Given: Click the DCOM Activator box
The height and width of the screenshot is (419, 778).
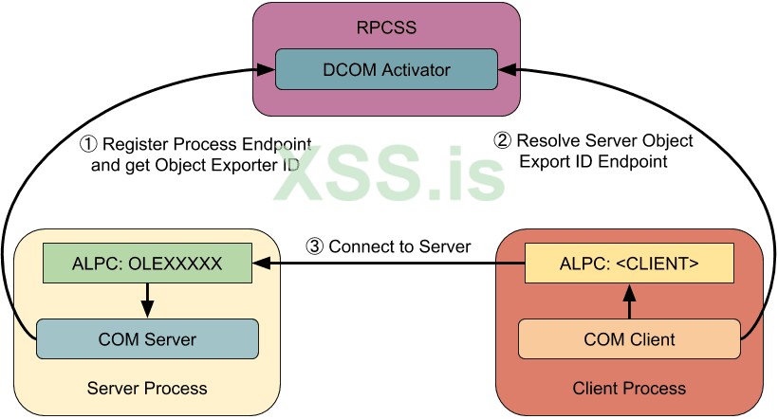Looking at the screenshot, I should [x=387, y=69].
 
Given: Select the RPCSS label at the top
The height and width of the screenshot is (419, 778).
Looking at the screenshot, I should [x=387, y=27].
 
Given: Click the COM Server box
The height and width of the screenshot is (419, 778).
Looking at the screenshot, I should [x=147, y=338].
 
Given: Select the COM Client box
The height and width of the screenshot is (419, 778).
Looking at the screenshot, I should [x=629, y=338].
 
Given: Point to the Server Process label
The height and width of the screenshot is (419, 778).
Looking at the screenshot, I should [x=147, y=389].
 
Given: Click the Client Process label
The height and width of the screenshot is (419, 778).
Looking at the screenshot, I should [x=629, y=389].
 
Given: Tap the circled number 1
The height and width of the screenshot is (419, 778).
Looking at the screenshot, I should [x=87, y=145].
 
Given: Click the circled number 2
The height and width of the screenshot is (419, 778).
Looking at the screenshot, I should [x=502, y=141].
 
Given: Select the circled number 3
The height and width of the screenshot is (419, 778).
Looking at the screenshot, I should [x=314, y=246].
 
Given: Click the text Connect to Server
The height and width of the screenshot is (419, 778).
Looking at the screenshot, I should [x=399, y=246].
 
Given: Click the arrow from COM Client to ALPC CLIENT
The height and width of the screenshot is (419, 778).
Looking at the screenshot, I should [x=629, y=301].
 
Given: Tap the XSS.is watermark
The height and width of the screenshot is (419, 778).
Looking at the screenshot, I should [x=389, y=176].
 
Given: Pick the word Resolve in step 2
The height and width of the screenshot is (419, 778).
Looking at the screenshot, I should [x=546, y=141].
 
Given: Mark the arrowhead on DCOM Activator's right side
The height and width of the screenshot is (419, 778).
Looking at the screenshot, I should [x=507, y=69].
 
